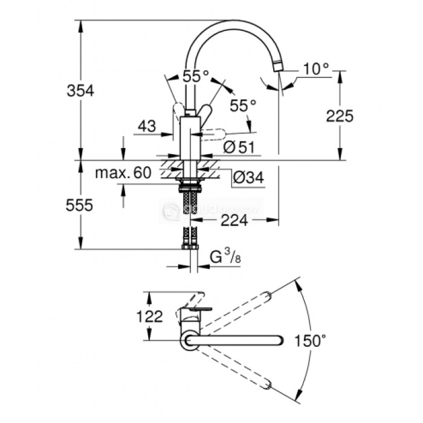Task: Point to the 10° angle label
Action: pyautogui.click(x=315, y=69)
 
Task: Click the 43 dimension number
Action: pyautogui.click(x=147, y=126)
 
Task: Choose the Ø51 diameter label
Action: pyautogui.click(x=239, y=147)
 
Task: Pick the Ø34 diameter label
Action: pyautogui.click(x=248, y=178)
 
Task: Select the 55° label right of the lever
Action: pyautogui.click(x=243, y=105)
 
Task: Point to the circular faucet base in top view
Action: pyautogui.click(x=189, y=340)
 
